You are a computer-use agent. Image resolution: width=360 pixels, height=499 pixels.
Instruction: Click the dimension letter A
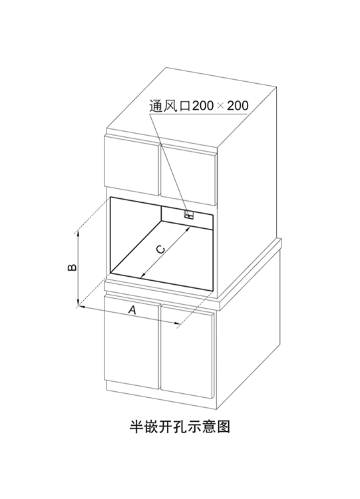tap(132, 309)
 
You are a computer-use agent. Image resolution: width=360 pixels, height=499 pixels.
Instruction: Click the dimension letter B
tap(73, 267)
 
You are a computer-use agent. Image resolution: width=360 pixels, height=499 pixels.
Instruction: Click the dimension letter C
tap(161, 249)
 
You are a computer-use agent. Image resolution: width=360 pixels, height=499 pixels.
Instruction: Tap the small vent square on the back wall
tap(189, 214)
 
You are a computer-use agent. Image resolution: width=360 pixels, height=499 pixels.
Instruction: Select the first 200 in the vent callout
tap(203, 105)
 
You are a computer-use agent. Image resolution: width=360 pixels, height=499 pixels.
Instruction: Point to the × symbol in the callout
tap(220, 106)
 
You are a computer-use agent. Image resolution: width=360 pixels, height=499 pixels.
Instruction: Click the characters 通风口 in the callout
tap(170, 105)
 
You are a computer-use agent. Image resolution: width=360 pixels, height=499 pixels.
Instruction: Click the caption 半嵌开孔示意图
tap(180, 426)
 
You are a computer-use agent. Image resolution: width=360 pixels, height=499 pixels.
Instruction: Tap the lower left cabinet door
tap(132, 341)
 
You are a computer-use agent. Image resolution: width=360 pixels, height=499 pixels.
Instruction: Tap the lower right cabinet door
tap(187, 351)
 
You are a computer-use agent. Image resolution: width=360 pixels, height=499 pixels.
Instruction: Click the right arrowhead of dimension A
tap(178, 323)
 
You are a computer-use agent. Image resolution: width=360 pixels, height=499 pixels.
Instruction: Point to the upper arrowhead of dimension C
tap(188, 228)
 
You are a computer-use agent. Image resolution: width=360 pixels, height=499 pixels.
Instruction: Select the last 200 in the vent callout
tap(238, 105)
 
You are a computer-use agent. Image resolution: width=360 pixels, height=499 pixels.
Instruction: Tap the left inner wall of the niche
tap(135, 234)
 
